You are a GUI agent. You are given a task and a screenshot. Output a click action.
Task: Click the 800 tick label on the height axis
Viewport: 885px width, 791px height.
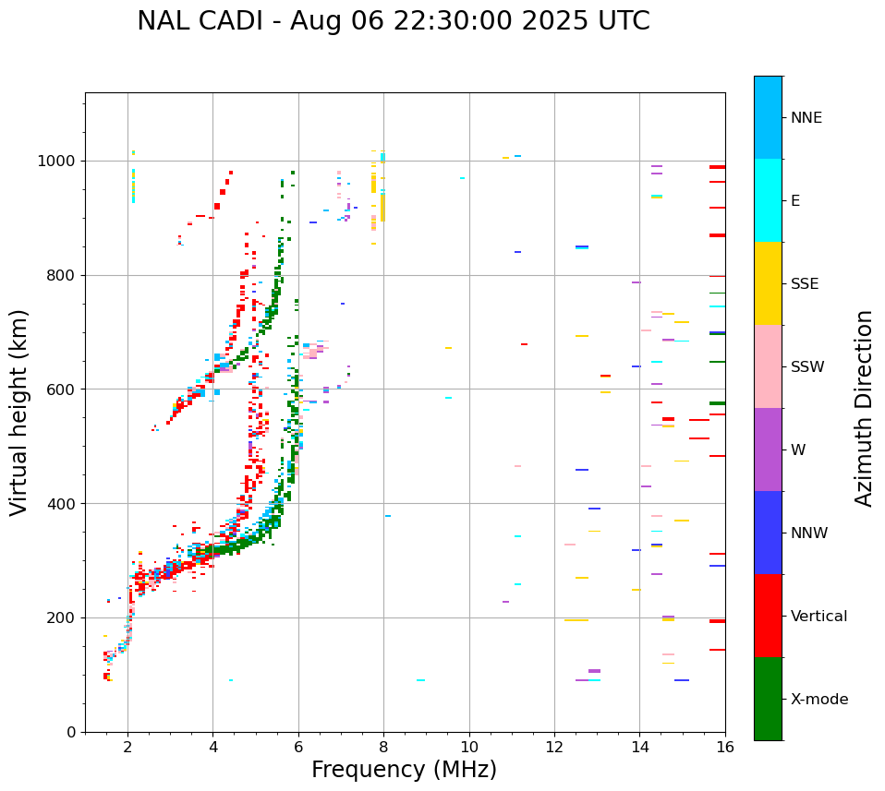pyautogui.click(x=62, y=275)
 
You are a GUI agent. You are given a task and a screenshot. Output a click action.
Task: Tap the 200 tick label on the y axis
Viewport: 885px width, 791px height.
pyautogui.click(x=62, y=617)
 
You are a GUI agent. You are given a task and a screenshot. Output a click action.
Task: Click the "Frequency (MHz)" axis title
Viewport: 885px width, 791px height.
pyautogui.click(x=404, y=770)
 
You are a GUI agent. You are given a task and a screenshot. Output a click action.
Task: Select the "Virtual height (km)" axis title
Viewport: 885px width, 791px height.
pyautogui.click(x=19, y=413)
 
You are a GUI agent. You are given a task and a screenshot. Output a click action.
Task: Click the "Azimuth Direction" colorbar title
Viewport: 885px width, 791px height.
pyautogui.click(x=864, y=408)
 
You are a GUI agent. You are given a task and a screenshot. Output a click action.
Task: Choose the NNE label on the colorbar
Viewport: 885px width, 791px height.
pyautogui.click(x=806, y=118)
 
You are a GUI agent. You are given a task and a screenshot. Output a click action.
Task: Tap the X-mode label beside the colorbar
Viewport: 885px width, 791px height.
pyautogui.click(x=818, y=700)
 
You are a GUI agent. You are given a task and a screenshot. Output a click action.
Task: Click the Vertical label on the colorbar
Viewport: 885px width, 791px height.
pyautogui.click(x=818, y=617)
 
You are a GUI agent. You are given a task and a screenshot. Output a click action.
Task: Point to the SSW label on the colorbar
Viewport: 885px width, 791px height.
pyautogui.click(x=806, y=367)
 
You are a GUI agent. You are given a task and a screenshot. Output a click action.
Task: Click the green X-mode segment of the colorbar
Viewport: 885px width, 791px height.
pyautogui.click(x=768, y=699)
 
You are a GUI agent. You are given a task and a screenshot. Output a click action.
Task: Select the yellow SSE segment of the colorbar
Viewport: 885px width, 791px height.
pyautogui.click(x=768, y=283)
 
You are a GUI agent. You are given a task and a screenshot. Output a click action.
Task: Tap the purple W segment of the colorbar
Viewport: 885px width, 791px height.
pyautogui.click(x=768, y=449)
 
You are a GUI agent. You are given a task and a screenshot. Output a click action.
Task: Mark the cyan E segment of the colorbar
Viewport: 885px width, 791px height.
pyautogui.click(x=768, y=200)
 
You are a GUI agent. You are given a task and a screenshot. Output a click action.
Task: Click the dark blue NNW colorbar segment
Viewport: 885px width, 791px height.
pyautogui.click(x=768, y=533)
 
